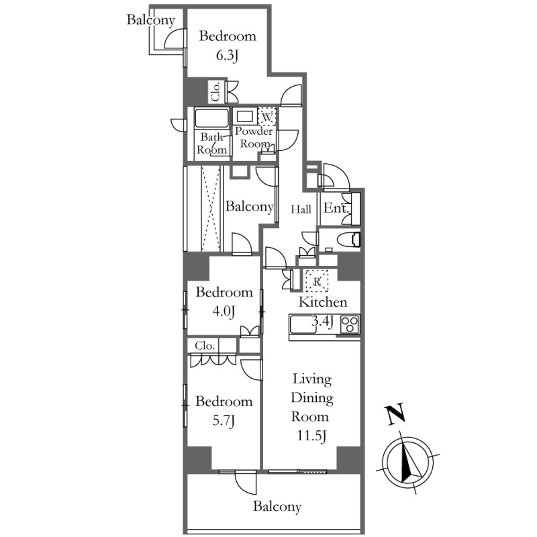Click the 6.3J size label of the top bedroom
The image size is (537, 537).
click(227, 56)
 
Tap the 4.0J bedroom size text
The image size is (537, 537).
click(224, 311)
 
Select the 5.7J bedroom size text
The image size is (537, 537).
click(224, 421)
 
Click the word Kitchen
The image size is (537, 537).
click(323, 302)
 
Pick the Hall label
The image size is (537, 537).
click(301, 209)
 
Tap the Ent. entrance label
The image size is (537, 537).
click(337, 208)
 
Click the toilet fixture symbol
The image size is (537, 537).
click(348, 240)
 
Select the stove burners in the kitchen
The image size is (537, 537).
click(350, 324)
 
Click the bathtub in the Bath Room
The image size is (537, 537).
click(211, 119)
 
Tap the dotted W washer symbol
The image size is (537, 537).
click(266, 116)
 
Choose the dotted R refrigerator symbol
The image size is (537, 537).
click(317, 281)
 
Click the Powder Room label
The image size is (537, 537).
click(254, 137)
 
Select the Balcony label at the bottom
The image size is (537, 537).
click(277, 506)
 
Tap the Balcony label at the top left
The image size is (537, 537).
click(151, 20)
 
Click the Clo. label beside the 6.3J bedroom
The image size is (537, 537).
click(216, 92)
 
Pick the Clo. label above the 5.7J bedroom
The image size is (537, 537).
click(205, 346)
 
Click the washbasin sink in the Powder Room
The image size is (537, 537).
click(244, 116)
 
